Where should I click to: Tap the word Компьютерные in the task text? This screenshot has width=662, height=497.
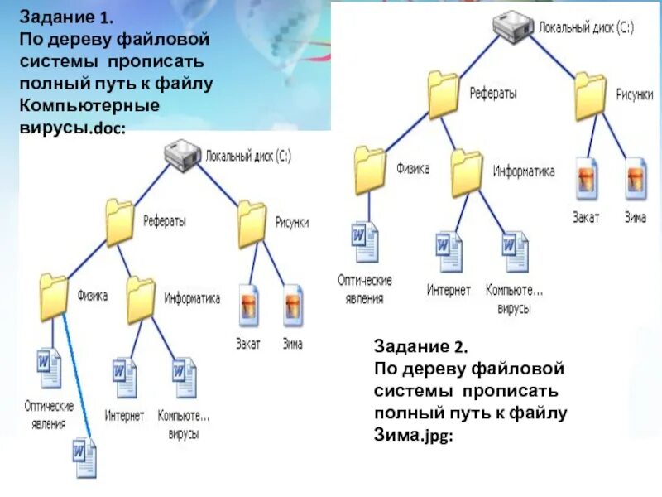[x=89, y=106]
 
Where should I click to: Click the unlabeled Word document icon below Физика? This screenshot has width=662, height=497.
[x=84, y=458]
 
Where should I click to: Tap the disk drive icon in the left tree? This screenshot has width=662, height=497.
[x=182, y=153]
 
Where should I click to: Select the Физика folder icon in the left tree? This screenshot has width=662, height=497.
[x=54, y=297]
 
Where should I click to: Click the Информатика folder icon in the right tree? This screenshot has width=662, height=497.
[x=467, y=171]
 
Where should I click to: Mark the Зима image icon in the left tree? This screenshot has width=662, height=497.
[x=293, y=306]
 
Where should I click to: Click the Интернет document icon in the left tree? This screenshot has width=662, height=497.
[x=124, y=378]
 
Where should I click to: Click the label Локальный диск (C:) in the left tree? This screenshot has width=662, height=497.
[x=248, y=154]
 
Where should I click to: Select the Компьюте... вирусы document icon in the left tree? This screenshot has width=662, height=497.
[x=184, y=378]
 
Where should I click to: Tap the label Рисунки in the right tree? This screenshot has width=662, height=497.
[x=636, y=94]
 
